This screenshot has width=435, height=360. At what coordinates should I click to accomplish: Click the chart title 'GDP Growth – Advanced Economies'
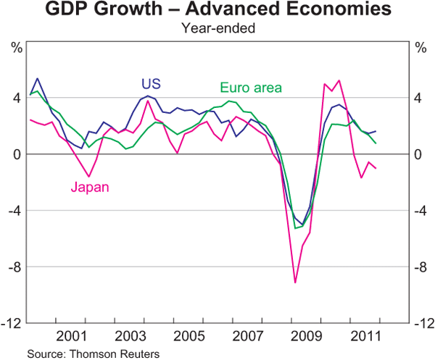pyautogui.click(x=217, y=12)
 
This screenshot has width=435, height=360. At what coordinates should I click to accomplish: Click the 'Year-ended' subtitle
pyautogui.click(x=217, y=30)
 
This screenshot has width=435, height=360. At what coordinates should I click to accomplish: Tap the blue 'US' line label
pyautogui.click(x=151, y=83)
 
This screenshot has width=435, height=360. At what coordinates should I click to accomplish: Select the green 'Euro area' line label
pyautogui.click(x=250, y=88)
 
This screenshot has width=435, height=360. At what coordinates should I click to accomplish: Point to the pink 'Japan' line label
pyautogui.click(x=90, y=188)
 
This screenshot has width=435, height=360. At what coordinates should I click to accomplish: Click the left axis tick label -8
pyautogui.click(x=13, y=267)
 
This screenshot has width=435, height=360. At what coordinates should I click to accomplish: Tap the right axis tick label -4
pyautogui.click(x=420, y=211)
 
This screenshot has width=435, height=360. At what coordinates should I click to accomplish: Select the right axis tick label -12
pyautogui.click(x=423, y=323)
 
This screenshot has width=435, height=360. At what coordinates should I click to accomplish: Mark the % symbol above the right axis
pyautogui.click(x=420, y=49)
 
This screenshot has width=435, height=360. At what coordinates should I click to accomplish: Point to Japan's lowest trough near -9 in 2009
pyautogui.click(x=295, y=282)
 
